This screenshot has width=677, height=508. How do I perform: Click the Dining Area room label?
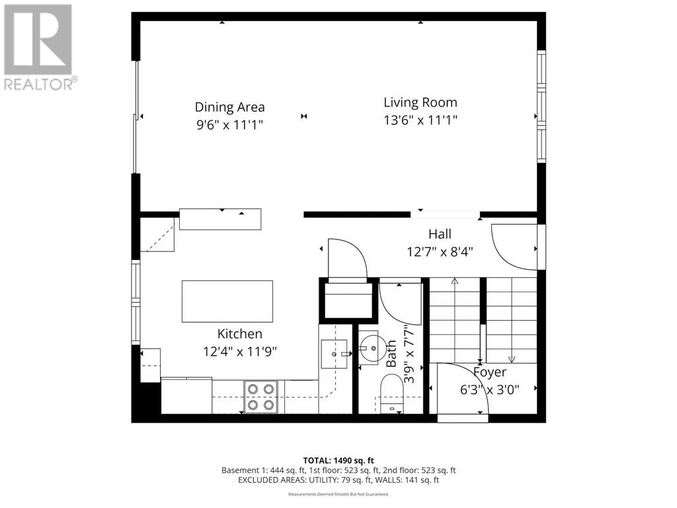click(229, 106)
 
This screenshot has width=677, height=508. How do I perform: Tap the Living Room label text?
click(420, 103)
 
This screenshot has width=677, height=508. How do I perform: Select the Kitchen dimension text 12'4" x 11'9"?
click(239, 351)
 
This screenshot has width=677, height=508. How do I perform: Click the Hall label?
click(440, 234)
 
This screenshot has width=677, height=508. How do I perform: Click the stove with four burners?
click(260, 397)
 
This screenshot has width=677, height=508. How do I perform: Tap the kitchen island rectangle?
click(227, 301)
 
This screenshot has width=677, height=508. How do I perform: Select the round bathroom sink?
click(368, 346)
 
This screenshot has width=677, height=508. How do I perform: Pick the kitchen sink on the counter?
click(334, 354)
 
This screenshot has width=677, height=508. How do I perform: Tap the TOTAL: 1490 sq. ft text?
click(338, 460)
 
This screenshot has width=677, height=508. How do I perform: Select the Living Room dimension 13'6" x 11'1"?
click(420, 120)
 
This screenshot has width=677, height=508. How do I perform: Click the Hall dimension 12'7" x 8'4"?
click(440, 251)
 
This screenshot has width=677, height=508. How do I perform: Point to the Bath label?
click(391, 353)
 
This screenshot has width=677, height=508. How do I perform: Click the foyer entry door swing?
click(461, 390)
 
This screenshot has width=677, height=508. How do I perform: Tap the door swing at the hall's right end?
click(516, 246)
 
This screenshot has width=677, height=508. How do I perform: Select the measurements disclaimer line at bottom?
click(338, 494)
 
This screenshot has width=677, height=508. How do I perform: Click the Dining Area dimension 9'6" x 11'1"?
click(229, 124)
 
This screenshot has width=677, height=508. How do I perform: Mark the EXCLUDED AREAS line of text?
click(338, 480)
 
